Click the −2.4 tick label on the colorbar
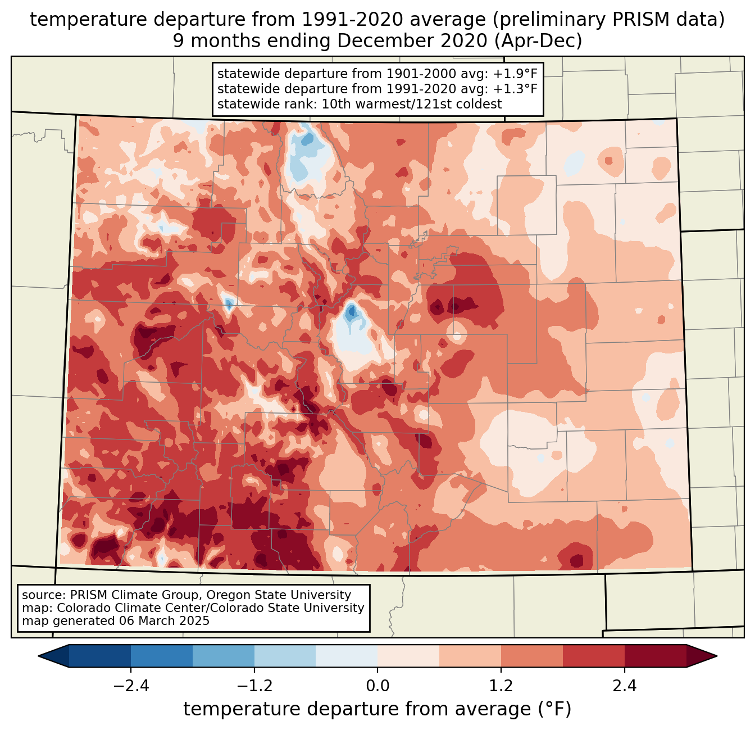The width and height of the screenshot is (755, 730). pos(131,686)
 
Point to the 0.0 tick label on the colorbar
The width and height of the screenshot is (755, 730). pos(377,686)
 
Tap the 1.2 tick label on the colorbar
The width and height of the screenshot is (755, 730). pos(501,686)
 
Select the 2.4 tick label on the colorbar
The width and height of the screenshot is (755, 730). pos(624,686)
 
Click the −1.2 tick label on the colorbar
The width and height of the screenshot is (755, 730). pos(254,686)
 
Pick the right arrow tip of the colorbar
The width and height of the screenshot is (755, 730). pos(715,656)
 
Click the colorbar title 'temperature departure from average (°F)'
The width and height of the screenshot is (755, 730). pos(377,709)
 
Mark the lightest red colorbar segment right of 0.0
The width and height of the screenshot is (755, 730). pos(408,656)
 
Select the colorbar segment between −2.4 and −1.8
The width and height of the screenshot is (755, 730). pos(162,656)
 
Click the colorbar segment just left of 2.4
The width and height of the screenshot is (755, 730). pos(593,656)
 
